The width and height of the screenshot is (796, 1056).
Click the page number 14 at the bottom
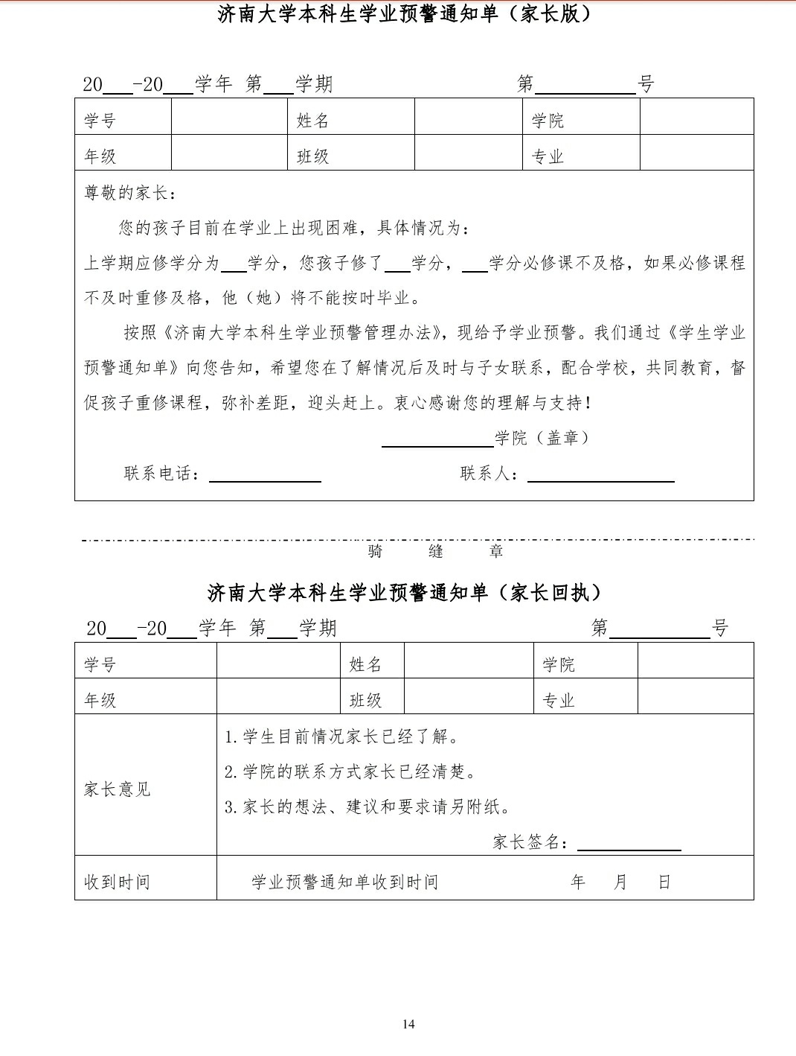[x=408, y=1023]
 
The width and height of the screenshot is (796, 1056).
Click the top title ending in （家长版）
[x=405, y=14]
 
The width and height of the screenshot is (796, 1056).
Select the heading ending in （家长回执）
[x=405, y=593]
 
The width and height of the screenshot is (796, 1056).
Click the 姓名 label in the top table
[x=312, y=121]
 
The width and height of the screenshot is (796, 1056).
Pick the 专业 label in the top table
[x=548, y=156]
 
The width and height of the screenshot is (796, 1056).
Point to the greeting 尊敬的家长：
[x=131, y=193]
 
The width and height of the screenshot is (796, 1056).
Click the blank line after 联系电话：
[x=265, y=475]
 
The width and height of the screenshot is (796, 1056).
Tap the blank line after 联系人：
[x=600, y=475]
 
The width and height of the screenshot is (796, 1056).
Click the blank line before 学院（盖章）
[x=437, y=439]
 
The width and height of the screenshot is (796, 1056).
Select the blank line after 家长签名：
[x=629, y=843]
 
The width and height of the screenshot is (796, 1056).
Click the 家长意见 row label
[x=117, y=789]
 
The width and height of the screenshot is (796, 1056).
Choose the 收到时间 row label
[x=117, y=882]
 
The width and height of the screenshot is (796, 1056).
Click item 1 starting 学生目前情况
[x=342, y=737]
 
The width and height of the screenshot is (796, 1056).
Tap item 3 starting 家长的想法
[x=368, y=807]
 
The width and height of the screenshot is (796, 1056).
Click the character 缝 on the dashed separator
[x=436, y=552]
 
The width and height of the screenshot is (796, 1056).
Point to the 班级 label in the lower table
[x=365, y=700]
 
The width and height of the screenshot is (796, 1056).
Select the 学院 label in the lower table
[x=559, y=664]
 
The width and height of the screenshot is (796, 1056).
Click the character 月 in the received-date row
[x=620, y=882]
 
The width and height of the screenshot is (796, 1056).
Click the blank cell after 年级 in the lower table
[x=278, y=697]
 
